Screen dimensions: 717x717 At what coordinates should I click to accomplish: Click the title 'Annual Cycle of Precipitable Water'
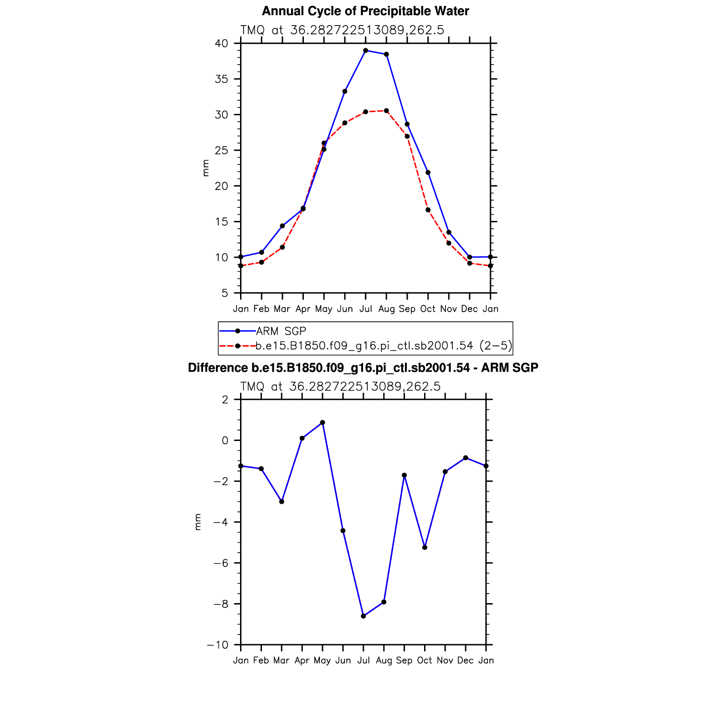pyautogui.click(x=365, y=11)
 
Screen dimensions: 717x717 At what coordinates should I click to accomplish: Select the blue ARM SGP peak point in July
pyautogui.click(x=365, y=51)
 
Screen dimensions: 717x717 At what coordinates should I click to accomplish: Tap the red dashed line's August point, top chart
pyautogui.click(x=386, y=111)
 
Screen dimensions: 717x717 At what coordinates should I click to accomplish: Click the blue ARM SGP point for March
pyautogui.click(x=282, y=226)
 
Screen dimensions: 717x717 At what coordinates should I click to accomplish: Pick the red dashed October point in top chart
pyautogui.click(x=428, y=210)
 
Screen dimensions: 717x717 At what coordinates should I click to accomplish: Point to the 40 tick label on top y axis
pyautogui.click(x=222, y=44)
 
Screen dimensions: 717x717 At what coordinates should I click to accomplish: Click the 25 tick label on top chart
pyautogui.click(x=222, y=150)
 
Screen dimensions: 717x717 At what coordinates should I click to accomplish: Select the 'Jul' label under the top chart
pyautogui.click(x=365, y=309)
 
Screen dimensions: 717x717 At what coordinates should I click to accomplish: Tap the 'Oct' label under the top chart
pyautogui.click(x=428, y=309)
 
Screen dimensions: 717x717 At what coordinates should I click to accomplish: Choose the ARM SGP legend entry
pyautogui.click(x=281, y=331)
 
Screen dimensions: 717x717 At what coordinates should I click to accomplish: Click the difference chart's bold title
pyautogui.click(x=363, y=368)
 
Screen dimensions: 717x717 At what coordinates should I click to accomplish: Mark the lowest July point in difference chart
pyautogui.click(x=363, y=616)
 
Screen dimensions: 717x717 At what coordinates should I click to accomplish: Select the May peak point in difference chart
pyautogui.click(x=323, y=423)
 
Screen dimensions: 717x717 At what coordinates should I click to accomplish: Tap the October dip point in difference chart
pyautogui.click(x=425, y=548)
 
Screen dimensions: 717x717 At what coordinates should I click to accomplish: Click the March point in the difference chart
pyautogui.click(x=282, y=502)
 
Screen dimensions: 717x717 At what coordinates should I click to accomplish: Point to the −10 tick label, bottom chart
pyautogui.click(x=218, y=645)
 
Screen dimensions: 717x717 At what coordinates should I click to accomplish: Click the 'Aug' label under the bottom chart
pyautogui.click(x=384, y=661)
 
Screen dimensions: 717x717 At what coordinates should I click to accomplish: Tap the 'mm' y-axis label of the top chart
pyautogui.click(x=206, y=168)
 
